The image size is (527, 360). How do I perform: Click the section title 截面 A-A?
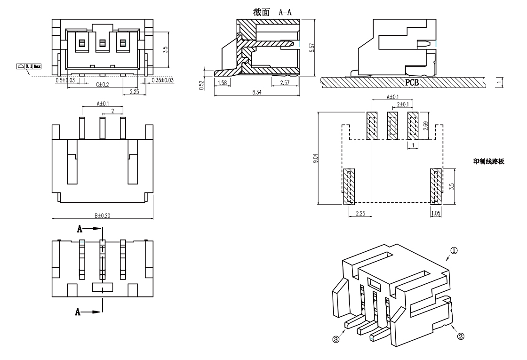coord(272,12)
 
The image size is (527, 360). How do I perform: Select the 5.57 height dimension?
coord(311,47)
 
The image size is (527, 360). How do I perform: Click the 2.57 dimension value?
coord(285,82)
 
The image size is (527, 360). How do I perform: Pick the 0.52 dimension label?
coord(201,85)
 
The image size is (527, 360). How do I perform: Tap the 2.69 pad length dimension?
coord(425,126)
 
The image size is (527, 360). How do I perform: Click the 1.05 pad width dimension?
coord(435,213)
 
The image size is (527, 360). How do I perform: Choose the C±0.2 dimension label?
coord(103,85)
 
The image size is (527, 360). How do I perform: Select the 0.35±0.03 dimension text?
coord(163,80)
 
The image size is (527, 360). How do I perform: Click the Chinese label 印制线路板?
coord(488,161)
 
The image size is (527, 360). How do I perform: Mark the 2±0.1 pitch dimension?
coord(403,104)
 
